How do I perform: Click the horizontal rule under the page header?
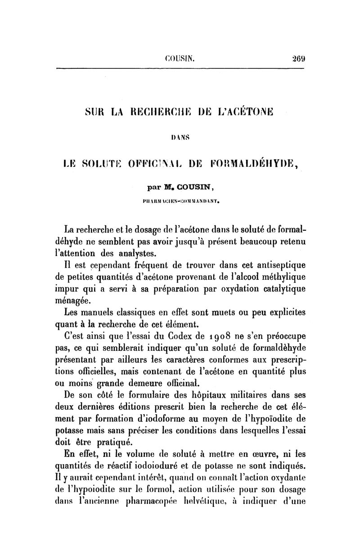(x=180, y=68)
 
